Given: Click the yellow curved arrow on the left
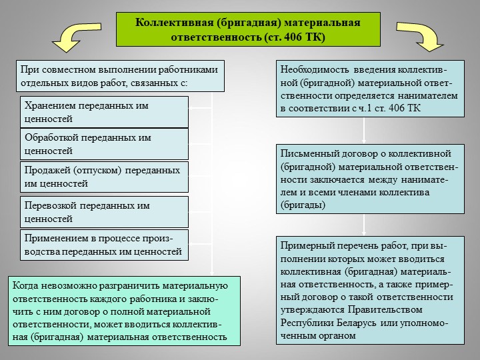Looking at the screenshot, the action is (73, 36).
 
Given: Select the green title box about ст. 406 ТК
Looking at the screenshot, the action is (248, 29).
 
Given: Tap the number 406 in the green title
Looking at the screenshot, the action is (293, 37).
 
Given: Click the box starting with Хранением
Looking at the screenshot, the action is (104, 112).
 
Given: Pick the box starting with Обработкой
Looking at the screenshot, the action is (104, 144).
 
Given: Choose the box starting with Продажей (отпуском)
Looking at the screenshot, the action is (104, 177).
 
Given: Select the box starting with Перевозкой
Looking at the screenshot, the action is (104, 212).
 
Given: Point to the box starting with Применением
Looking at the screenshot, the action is (104, 245).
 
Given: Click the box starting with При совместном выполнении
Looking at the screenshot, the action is (120, 76).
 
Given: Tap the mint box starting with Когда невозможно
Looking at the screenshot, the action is (124, 311).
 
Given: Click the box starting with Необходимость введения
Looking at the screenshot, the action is (370, 89).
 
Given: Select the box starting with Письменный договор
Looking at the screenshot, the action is (370, 179).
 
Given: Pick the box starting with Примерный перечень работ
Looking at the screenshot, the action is (370, 290).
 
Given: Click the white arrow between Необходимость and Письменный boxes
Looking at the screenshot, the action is (364, 131).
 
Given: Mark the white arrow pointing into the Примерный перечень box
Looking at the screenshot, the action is (364, 225).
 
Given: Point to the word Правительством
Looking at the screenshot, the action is (385, 310).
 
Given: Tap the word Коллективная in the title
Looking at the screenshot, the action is (174, 23).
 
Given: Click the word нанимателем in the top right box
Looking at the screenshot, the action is (427, 95).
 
